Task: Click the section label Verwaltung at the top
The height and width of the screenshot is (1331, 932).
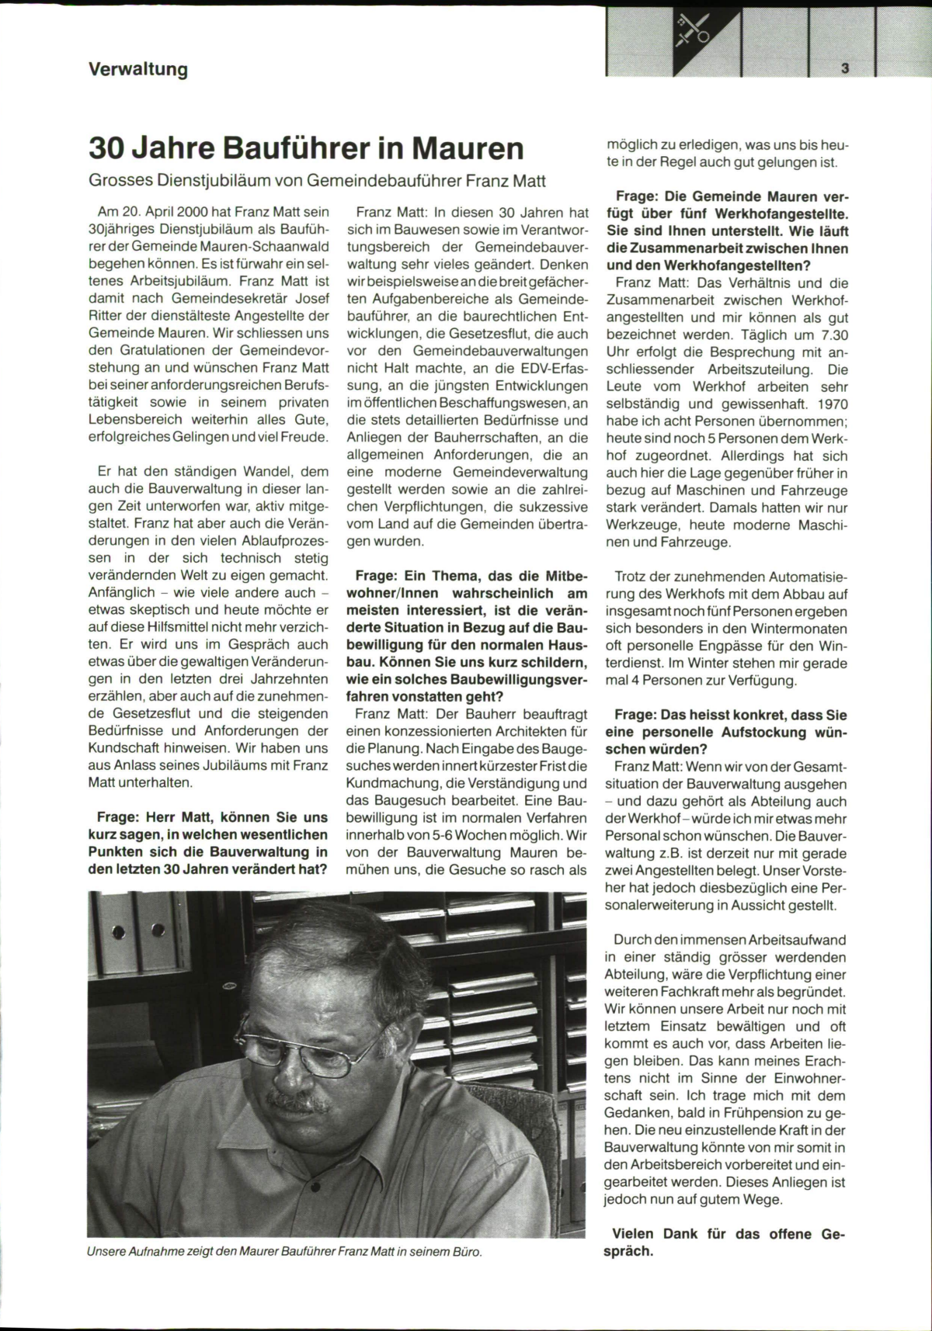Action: pyautogui.click(x=138, y=70)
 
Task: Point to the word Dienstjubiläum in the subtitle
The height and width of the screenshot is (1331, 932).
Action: pyautogui.click(x=219, y=181)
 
